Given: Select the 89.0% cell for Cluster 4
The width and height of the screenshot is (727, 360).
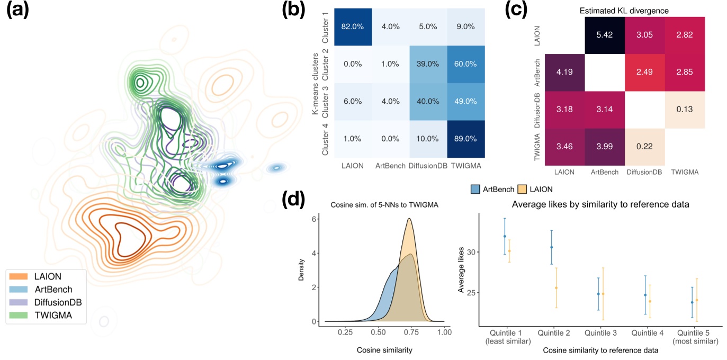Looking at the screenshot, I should (466, 139).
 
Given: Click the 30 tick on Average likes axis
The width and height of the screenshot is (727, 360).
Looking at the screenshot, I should (471, 252).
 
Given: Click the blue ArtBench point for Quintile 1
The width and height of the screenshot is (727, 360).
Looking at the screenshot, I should (505, 236).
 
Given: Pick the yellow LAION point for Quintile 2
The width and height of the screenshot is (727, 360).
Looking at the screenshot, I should (557, 287).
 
